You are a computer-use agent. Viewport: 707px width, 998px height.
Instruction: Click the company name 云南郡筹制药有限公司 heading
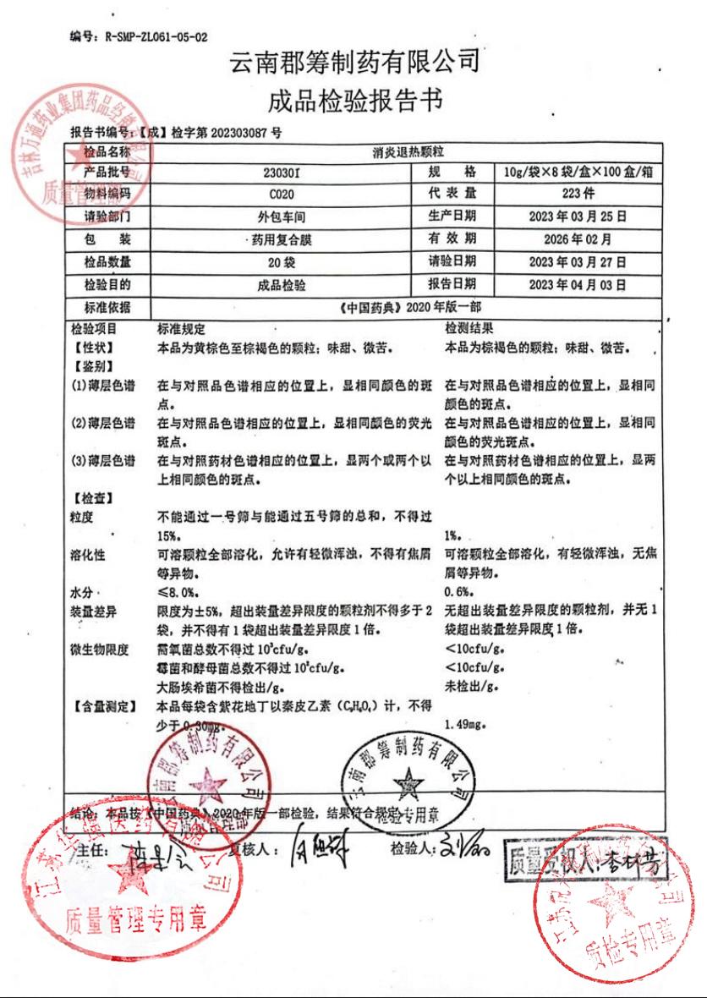tap(353, 63)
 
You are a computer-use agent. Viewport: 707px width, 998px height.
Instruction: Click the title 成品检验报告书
tap(353, 101)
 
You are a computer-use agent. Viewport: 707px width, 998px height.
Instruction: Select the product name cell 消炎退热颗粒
tap(403, 151)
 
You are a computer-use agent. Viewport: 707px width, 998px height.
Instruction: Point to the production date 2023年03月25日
tap(578, 217)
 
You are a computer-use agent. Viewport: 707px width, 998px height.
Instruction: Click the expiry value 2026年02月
tap(578, 239)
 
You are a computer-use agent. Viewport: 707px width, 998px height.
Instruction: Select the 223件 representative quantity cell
tap(578, 195)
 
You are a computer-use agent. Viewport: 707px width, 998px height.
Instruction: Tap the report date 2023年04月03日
tap(578, 285)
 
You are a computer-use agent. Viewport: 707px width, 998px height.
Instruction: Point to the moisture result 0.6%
tap(458, 592)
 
